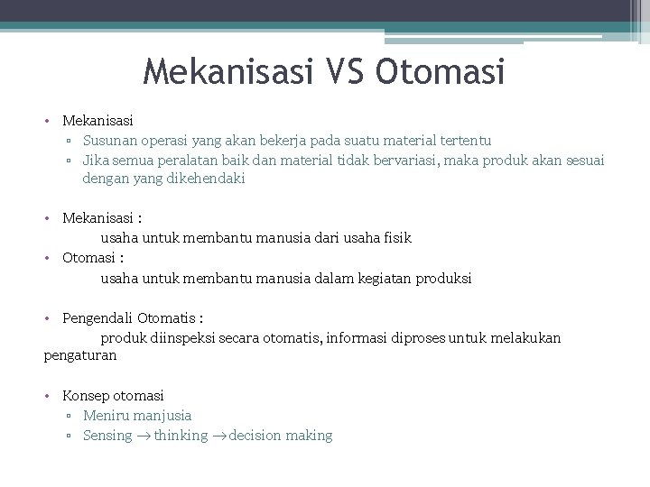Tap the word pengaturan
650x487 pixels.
[x=80, y=356]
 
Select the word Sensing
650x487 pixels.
[x=107, y=436]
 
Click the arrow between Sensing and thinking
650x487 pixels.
[x=144, y=436]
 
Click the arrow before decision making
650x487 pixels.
[x=218, y=436]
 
